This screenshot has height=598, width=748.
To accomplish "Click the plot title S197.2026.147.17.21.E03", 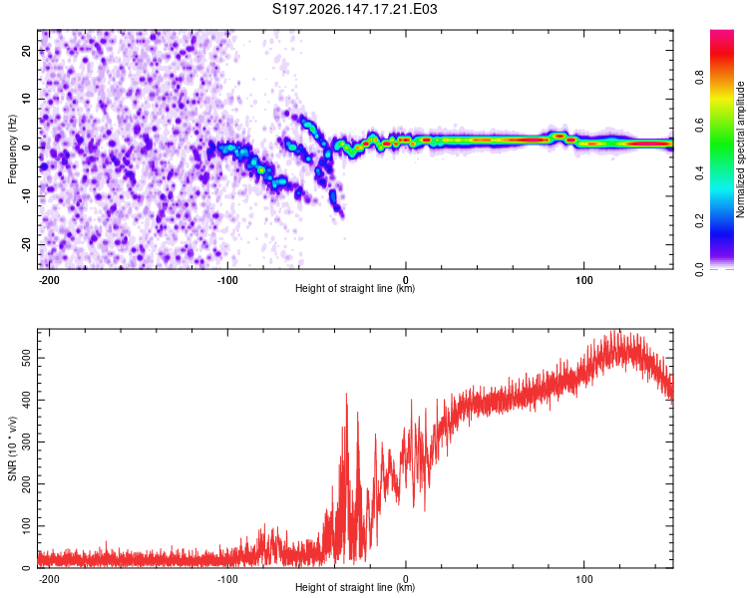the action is [x=354, y=9].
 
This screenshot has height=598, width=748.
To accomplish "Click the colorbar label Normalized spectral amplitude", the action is [x=740, y=149].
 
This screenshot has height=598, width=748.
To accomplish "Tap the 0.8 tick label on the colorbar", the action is [x=699, y=78].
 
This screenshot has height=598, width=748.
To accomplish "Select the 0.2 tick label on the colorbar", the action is [x=699, y=221].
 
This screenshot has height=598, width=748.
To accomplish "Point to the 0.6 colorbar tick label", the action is [x=699, y=126].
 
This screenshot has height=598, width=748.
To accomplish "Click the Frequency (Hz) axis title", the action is [x=12, y=149].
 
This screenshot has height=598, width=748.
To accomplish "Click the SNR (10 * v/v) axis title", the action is [x=12, y=448].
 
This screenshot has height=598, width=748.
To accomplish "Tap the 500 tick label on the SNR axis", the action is [x=26, y=358].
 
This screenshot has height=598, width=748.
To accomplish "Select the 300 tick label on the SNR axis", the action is [x=26, y=443].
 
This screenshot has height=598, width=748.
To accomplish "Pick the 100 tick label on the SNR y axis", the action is [x=26, y=526].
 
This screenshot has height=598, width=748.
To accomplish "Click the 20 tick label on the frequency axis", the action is [x=26, y=50].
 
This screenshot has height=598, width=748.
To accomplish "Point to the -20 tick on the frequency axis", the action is [x=26, y=244].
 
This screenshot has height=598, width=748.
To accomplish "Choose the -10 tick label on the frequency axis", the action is [x=26, y=196].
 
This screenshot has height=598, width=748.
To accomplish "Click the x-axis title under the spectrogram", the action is [x=355, y=288].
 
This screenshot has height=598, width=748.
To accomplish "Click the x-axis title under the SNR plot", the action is [x=355, y=587].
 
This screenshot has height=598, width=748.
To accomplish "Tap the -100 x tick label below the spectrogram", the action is [x=227, y=280].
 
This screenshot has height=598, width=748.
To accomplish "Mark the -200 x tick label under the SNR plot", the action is [x=49, y=579].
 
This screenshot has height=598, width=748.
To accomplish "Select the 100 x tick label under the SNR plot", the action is [x=583, y=579].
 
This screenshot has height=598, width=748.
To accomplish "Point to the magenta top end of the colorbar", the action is [x=722, y=32].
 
